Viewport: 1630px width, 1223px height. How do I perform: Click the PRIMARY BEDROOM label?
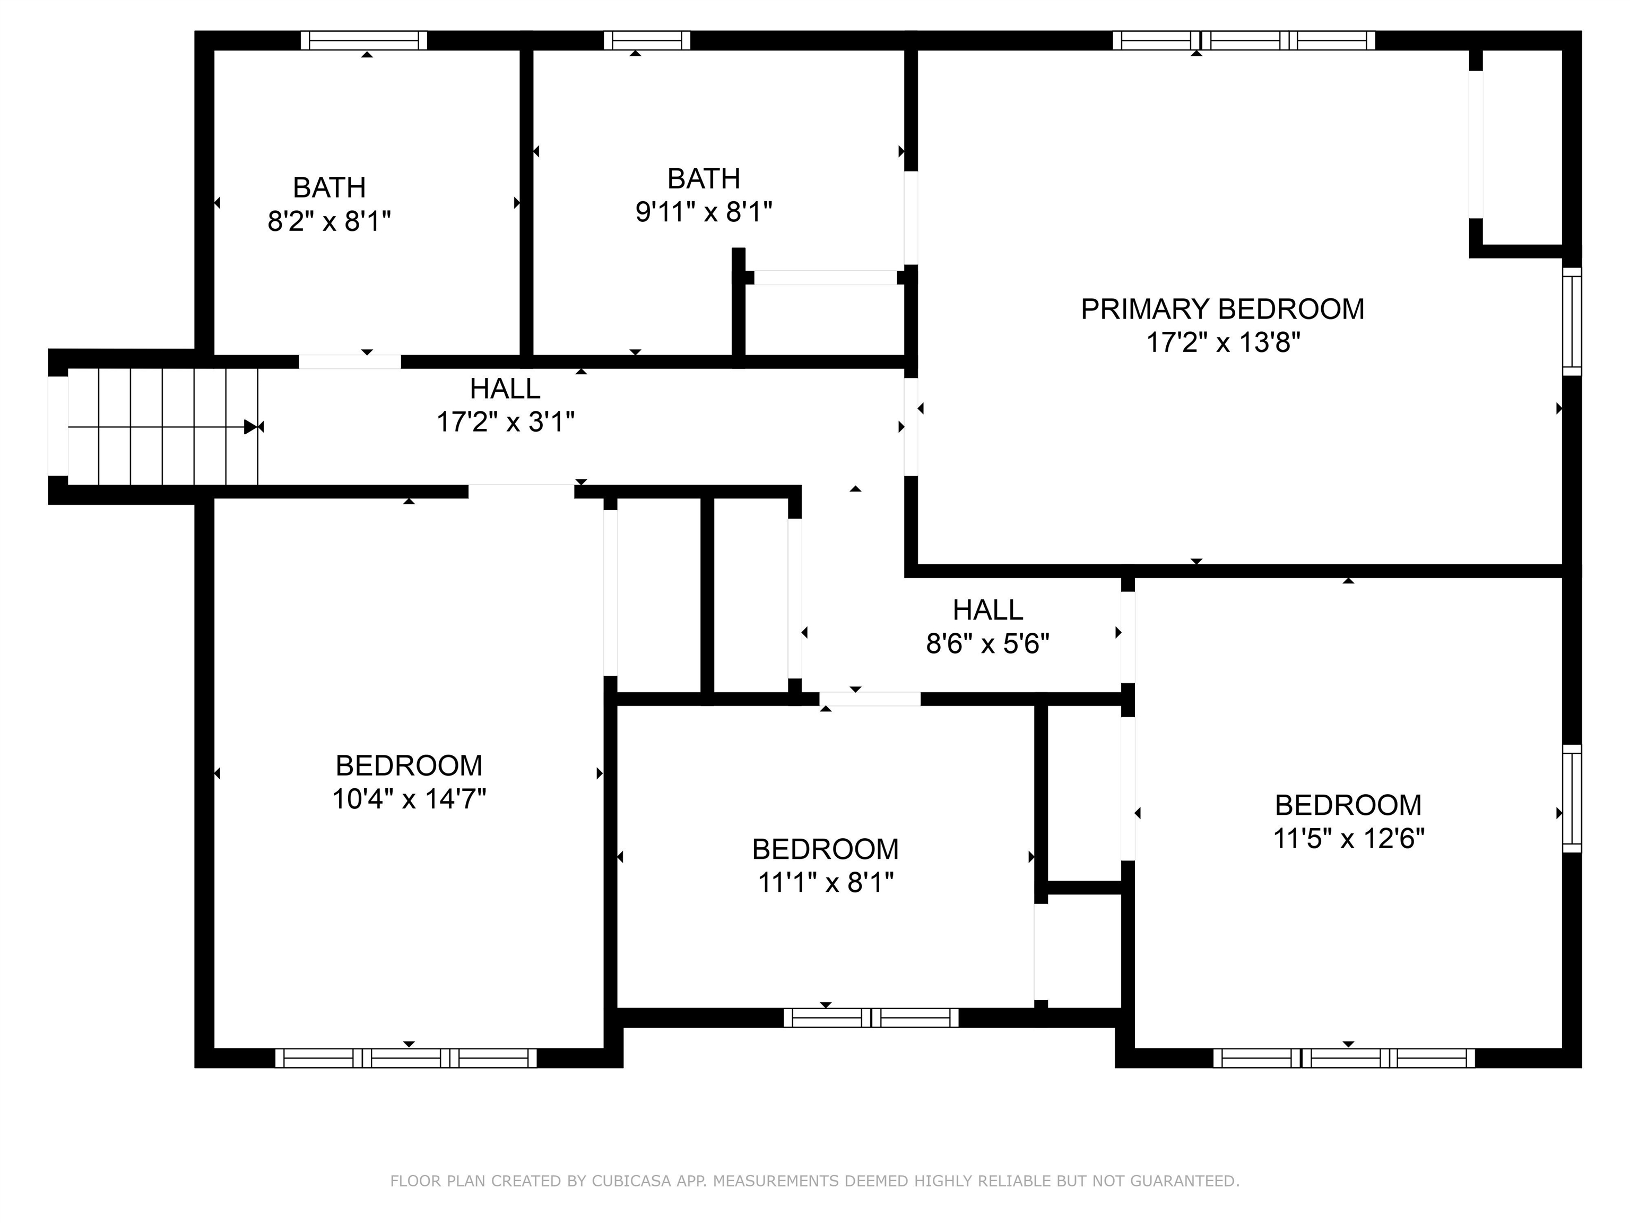1222,309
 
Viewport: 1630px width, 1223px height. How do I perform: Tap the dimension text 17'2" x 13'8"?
1222,343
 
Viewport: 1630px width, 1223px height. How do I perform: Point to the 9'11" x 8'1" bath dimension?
704,212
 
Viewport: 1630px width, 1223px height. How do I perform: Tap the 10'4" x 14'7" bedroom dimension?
409,799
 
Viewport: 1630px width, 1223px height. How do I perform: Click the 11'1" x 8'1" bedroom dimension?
825,882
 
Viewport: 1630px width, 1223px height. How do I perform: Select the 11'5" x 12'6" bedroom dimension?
1348,838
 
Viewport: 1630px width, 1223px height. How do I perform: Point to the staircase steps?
163,427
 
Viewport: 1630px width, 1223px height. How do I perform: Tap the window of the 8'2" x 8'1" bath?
364,40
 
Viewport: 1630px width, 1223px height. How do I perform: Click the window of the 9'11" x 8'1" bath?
647,40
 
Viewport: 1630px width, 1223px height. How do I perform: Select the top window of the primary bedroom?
1244,40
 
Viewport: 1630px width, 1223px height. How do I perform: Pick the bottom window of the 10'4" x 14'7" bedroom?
406,1058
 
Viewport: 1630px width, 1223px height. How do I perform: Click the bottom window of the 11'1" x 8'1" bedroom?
871,1018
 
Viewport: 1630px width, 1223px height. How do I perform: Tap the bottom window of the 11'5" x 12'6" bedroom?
1344,1058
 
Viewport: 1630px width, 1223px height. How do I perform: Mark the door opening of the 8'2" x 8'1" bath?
350,362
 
